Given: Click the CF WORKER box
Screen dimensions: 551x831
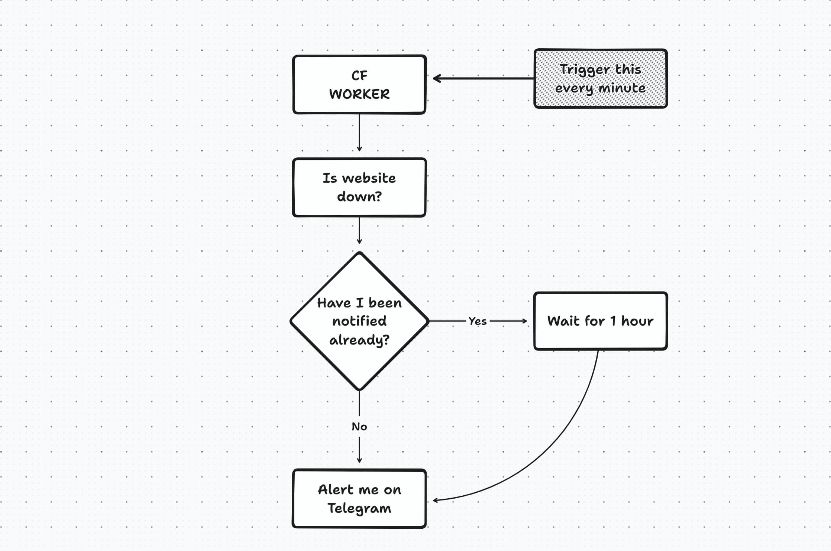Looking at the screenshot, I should coord(359,85).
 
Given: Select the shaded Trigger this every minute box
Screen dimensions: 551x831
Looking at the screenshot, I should coord(600,79).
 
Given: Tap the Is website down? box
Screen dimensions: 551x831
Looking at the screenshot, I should coord(359,188).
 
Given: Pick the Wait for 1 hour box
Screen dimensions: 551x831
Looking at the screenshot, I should coord(600,321).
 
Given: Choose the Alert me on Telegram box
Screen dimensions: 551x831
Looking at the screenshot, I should coord(359,499).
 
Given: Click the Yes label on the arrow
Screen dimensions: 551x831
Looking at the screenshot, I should coord(478,321).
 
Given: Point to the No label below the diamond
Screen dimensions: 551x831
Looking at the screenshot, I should coord(359,427).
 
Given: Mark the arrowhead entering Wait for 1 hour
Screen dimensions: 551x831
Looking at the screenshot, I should coord(524,321).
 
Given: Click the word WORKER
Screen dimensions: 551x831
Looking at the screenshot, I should coord(359,94).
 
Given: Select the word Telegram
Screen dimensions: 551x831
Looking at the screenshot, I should coord(359,508).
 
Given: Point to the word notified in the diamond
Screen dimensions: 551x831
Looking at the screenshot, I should coord(359,321).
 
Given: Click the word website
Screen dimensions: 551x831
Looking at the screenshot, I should coord(369,178).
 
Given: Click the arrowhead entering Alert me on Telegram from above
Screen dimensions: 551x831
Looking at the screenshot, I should coord(359,460).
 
